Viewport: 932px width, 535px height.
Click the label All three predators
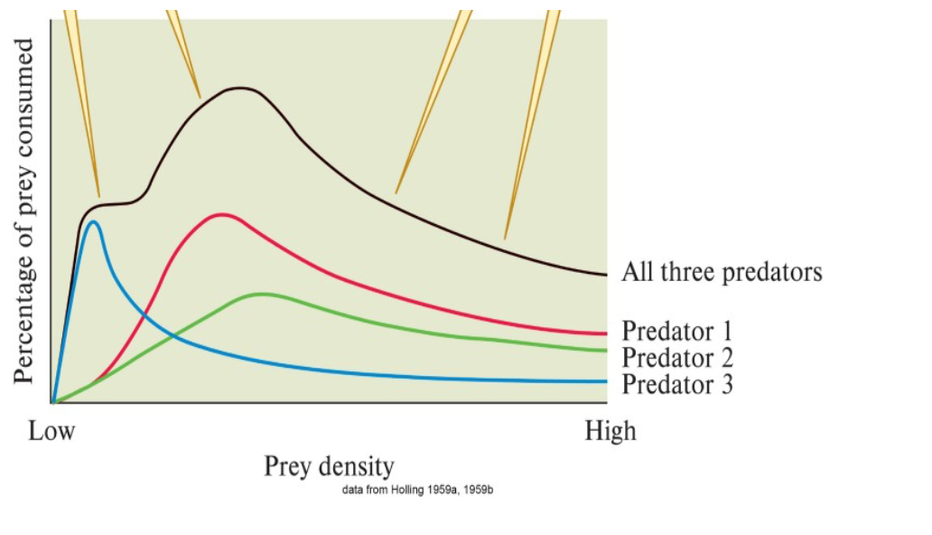pos(722,272)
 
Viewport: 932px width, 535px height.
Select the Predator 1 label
pos(677,331)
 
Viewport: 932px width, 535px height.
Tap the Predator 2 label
pos(677,358)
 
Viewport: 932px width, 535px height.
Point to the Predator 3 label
pos(677,384)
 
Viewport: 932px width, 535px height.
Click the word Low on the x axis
pos(51,431)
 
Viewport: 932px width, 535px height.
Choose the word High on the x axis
pos(610,431)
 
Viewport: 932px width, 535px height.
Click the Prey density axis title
pos(329,466)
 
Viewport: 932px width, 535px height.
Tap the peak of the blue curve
pos(93,221)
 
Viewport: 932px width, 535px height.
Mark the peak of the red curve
pos(221,214)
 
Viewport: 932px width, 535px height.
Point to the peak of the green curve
pos(262,294)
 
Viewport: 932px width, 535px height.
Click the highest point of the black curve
pos(240,88)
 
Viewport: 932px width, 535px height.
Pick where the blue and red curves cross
pos(144,314)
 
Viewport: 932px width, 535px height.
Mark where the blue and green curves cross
pos(174,336)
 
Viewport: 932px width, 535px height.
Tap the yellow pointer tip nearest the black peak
pos(200,98)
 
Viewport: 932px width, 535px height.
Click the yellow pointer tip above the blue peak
pos(98,196)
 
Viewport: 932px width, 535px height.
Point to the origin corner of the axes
pos(51,403)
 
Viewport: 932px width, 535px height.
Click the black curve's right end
pos(606,275)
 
